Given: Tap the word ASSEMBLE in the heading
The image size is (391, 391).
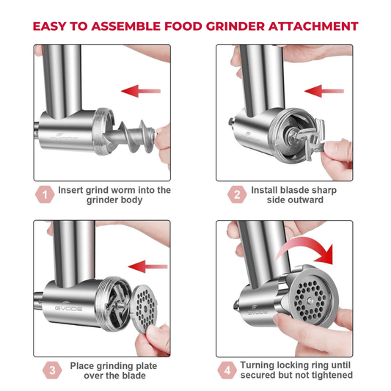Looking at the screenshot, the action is [125, 26].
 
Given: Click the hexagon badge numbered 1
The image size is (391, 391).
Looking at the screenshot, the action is [45, 194].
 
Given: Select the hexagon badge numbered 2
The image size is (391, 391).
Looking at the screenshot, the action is [237, 194].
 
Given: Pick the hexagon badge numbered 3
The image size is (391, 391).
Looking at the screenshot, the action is [52, 370].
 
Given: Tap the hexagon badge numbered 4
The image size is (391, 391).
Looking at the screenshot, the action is [227, 370].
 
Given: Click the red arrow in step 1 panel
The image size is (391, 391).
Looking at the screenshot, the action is [141, 91].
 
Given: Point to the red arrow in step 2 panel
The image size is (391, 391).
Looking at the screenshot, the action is [324, 91].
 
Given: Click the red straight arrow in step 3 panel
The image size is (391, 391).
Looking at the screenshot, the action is [148, 267].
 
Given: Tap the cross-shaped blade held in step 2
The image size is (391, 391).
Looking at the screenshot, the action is [310, 139].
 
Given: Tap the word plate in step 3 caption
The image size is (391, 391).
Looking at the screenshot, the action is [147, 366].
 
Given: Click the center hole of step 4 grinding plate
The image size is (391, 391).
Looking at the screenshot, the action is [310, 300].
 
